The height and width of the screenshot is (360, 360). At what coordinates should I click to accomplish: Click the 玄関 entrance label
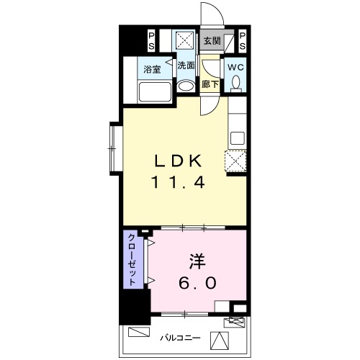(x=212, y=41)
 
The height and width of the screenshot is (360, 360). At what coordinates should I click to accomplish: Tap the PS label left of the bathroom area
(x=151, y=41)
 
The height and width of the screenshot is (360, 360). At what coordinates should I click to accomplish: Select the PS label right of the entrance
(x=243, y=41)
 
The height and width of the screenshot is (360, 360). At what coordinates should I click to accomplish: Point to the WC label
(x=235, y=67)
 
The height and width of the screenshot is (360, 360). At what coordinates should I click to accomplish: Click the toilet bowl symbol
(x=236, y=84)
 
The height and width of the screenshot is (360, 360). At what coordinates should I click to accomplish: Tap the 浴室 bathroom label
(x=152, y=70)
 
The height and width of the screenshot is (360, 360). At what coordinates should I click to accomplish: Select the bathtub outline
(x=155, y=92)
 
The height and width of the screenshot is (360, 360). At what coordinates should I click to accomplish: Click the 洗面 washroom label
(x=186, y=66)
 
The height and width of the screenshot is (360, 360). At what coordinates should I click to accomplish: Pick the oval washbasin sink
(x=186, y=86)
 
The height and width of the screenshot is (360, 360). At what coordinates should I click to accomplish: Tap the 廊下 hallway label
(x=210, y=84)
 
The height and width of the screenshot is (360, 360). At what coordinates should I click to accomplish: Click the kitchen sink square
(x=238, y=138)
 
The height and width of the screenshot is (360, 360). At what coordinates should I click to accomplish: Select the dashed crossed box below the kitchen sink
(x=235, y=161)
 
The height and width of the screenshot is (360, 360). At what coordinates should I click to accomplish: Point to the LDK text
(x=178, y=161)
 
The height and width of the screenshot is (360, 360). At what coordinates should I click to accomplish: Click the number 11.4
(x=178, y=182)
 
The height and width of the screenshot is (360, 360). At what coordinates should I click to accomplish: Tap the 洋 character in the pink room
(x=197, y=261)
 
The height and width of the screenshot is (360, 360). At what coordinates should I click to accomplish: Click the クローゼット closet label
(x=132, y=260)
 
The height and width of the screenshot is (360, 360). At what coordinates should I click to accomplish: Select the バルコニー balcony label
(x=180, y=338)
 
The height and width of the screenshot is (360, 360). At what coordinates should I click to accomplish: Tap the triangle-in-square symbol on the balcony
(x=220, y=341)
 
